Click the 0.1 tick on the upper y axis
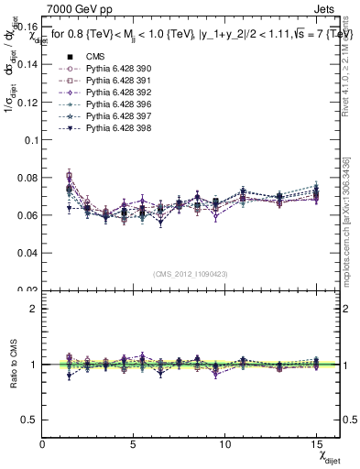[x=29, y=140]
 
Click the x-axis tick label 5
[x=134, y=443]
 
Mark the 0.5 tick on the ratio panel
[x=29, y=420]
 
